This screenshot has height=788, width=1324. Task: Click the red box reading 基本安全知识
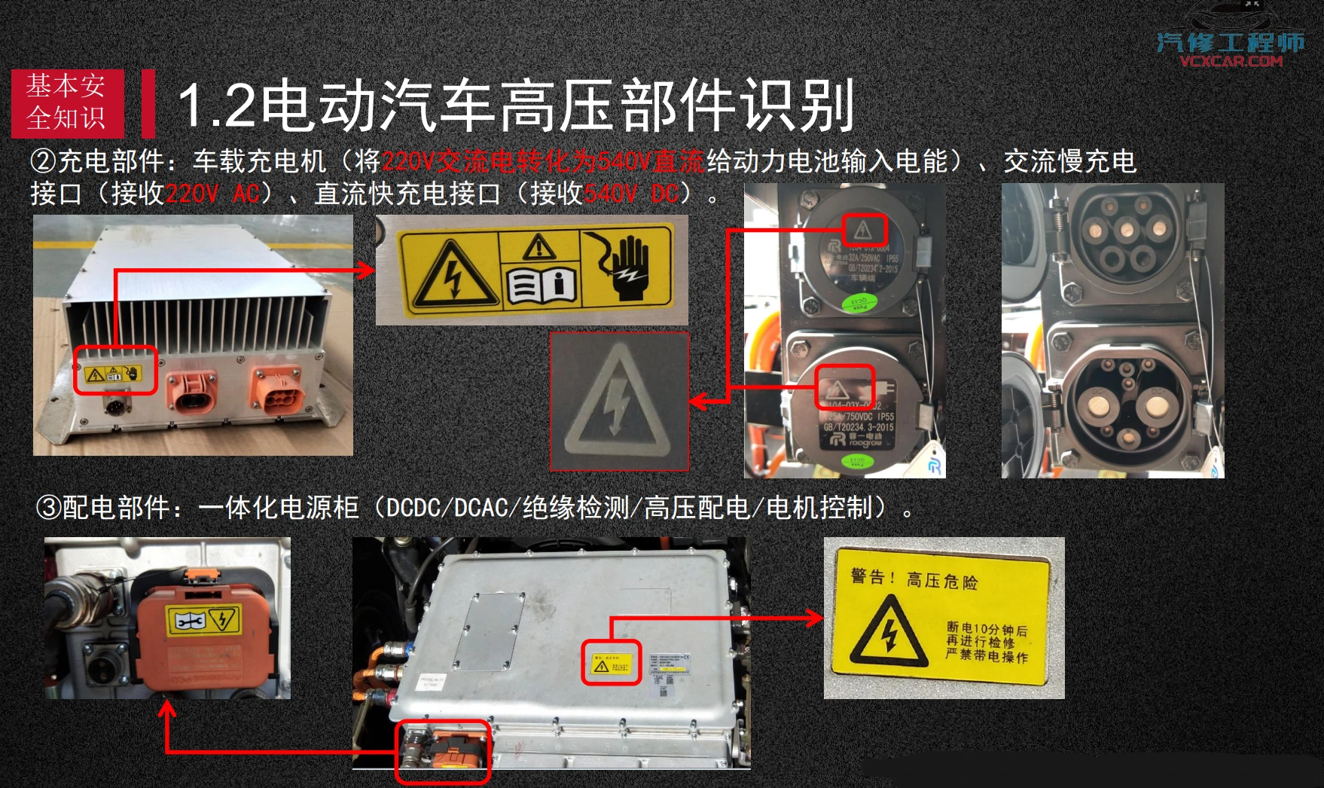(x=67, y=103)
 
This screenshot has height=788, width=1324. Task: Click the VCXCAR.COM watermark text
(x=1231, y=61)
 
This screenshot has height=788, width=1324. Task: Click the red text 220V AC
(x=212, y=194)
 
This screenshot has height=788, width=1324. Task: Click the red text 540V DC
(x=631, y=194)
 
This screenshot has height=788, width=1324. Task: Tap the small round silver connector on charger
(x=116, y=407)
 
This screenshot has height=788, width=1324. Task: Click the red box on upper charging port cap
(x=864, y=230)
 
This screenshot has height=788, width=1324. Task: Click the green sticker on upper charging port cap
(x=859, y=303)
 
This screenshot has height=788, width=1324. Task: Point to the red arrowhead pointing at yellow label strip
(x=366, y=270)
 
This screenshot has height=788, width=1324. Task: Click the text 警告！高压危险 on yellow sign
(x=914, y=579)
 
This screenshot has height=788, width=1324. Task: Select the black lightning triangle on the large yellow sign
(x=889, y=634)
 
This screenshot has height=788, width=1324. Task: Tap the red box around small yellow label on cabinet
(x=611, y=663)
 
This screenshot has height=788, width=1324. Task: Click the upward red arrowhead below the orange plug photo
(x=167, y=709)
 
